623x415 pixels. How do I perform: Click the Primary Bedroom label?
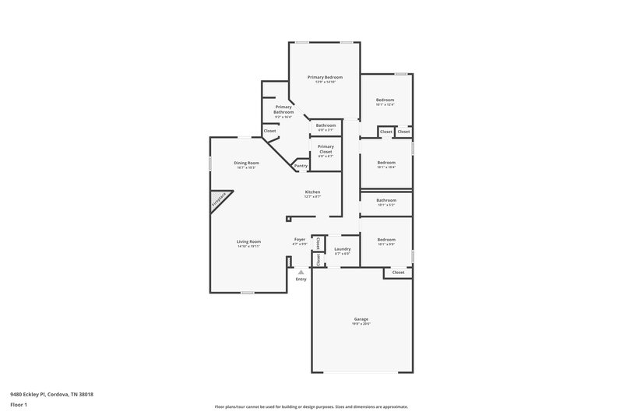(325, 77)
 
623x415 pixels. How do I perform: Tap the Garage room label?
(361, 319)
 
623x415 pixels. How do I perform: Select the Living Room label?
(249, 241)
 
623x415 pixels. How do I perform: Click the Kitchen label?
(312, 192)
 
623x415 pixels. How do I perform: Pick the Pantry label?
(301, 166)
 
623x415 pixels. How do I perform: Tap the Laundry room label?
(343, 249)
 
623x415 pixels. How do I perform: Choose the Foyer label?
(300, 239)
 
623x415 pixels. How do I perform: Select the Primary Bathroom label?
(283, 109)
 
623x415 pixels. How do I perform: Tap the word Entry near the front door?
(301, 279)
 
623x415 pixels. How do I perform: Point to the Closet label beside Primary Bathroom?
(269, 131)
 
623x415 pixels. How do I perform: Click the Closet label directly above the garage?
(398, 273)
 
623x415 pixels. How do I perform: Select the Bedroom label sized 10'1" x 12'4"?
(385, 100)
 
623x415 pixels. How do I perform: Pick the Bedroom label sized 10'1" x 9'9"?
(386, 240)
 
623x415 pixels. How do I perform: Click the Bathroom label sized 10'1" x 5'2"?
(386, 200)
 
